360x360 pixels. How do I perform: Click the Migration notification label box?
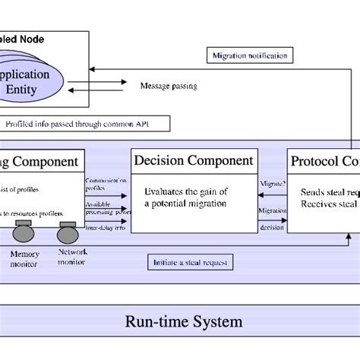tap(249, 55)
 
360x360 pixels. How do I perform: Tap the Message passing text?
tap(169, 86)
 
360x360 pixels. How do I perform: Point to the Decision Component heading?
tap(193, 160)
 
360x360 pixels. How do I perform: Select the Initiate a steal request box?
tap(191, 263)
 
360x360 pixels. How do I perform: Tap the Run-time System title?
tap(184, 321)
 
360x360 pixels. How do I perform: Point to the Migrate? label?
tap(273, 184)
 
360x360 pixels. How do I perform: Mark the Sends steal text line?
tap(330, 192)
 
